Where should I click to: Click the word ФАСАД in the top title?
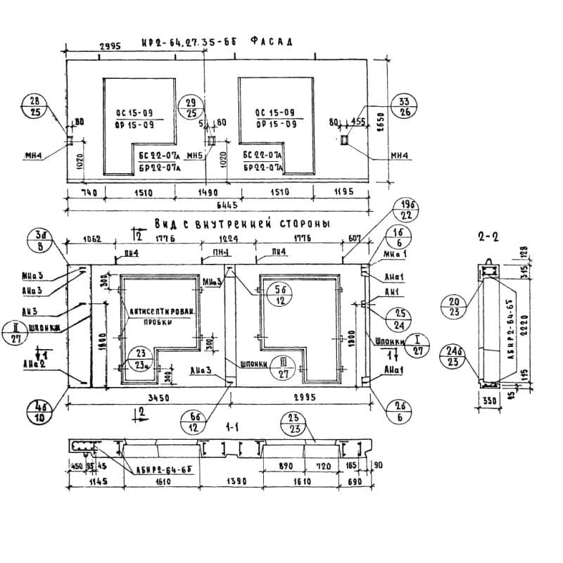[271, 42]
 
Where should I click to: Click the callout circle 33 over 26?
[403, 106]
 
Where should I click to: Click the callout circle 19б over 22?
[404, 209]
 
